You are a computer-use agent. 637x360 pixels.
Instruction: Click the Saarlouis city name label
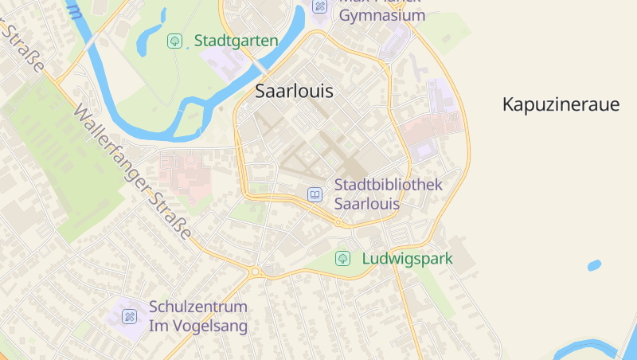pos(294,91)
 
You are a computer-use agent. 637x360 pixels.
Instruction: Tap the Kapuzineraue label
pos(561,104)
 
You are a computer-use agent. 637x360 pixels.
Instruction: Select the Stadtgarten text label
pos(236,41)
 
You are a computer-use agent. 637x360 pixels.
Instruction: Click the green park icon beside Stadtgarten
pos(174,41)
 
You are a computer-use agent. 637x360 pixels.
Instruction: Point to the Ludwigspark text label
pos(407,259)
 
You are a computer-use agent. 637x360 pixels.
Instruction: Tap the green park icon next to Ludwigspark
pos(342,259)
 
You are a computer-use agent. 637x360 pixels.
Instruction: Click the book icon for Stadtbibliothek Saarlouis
pos(315,194)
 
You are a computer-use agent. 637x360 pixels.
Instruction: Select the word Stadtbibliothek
pos(388,185)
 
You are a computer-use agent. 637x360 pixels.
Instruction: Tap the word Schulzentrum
pos(198,307)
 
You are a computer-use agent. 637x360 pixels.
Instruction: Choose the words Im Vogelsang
pos(198,326)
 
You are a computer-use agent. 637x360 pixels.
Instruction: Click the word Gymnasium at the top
pos(382,15)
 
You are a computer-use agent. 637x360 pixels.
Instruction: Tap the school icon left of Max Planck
pos(320,6)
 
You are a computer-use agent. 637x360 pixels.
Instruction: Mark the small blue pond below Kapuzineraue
pos(594,265)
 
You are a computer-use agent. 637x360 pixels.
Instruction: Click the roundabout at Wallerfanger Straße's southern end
pos(256,272)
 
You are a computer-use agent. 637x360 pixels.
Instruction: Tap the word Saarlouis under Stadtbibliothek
pos(367,204)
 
